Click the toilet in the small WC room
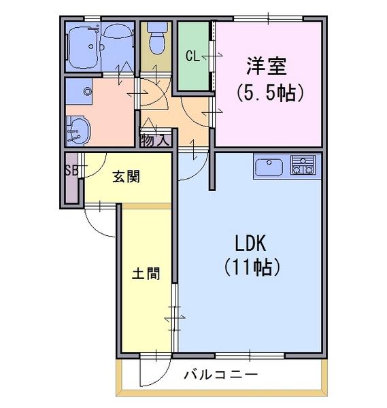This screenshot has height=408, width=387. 157,37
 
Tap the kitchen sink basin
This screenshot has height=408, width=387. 269,167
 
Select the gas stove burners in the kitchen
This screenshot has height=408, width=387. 303,165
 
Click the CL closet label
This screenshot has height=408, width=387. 192,56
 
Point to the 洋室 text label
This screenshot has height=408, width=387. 267,66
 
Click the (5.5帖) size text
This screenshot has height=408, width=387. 269,92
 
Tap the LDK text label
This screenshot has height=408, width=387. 250,243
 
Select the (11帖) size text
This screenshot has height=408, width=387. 252,267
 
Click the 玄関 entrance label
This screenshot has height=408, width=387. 127,177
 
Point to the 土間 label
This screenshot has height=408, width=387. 146,273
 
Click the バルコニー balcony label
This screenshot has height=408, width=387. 221,375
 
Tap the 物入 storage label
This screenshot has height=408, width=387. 155,141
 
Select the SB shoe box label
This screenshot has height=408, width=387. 71,171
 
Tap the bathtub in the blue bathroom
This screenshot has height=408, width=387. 84,48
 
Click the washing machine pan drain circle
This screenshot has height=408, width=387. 87,92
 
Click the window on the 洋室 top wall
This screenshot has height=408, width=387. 268,18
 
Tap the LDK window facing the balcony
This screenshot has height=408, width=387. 250,356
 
